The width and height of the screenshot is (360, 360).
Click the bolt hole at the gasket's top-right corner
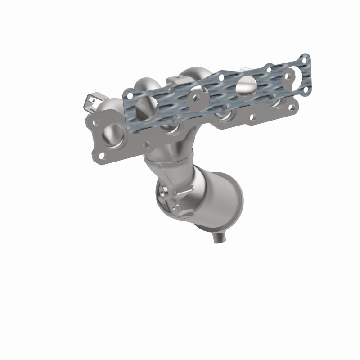coord(306,58)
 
